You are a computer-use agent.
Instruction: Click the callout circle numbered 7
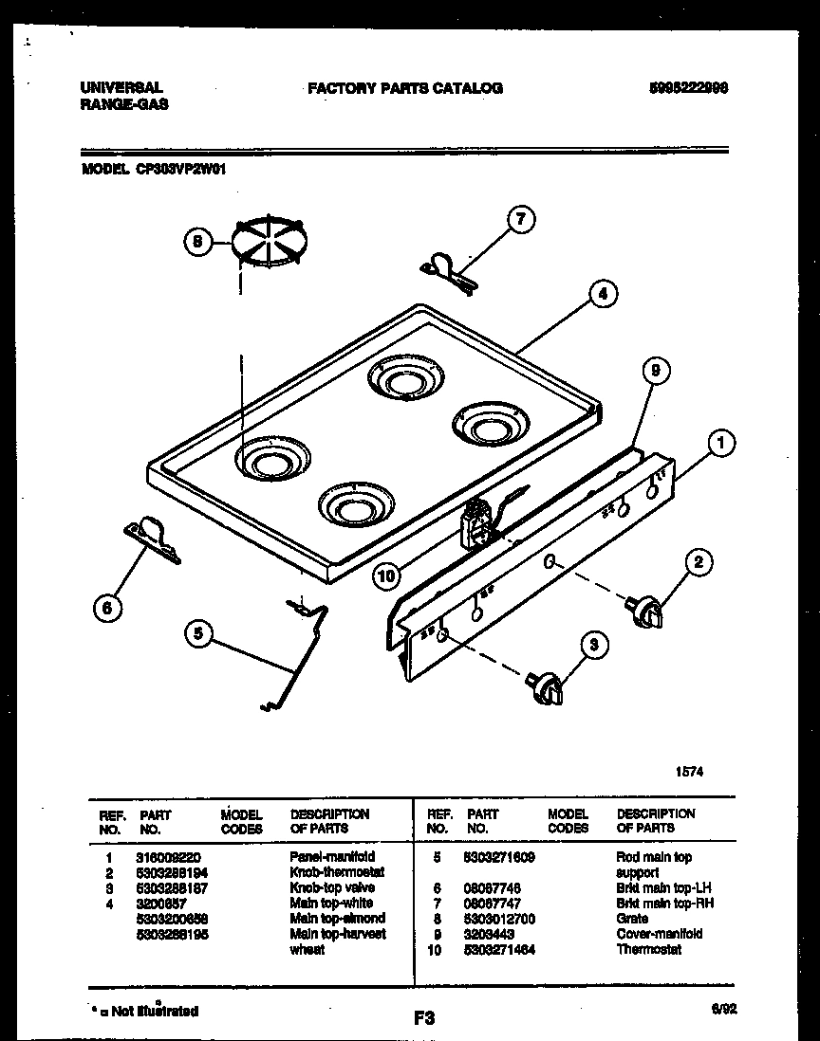[519, 221]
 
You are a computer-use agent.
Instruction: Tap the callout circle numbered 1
[722, 443]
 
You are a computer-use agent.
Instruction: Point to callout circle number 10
[386, 574]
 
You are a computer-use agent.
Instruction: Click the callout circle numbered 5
[197, 634]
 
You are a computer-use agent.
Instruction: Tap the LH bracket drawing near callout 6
[152, 538]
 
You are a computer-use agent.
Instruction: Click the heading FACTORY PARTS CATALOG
[405, 88]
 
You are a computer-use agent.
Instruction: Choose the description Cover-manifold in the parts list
[659, 933]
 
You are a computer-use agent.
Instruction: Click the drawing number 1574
[690, 771]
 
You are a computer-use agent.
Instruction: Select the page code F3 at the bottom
[423, 1019]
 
